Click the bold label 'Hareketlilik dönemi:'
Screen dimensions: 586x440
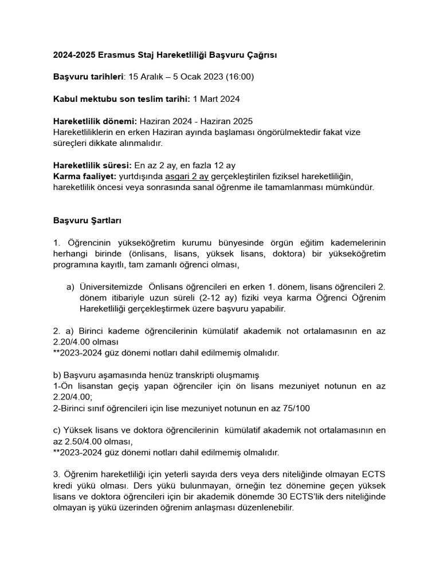95,121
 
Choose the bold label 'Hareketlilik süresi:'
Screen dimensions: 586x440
92,165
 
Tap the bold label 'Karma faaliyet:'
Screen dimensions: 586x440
84,176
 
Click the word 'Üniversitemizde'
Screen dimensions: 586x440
112,287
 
